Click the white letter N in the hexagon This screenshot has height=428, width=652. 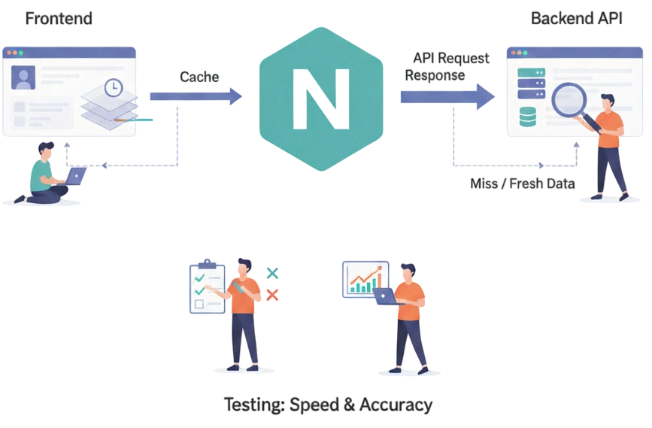click(321, 99)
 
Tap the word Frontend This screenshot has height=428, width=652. click(59, 19)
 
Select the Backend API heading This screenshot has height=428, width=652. click(577, 19)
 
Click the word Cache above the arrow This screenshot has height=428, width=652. click(199, 77)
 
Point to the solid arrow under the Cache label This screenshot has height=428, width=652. click(196, 96)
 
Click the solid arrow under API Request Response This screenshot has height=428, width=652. click(447, 97)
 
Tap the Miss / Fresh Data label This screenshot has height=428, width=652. click(523, 184)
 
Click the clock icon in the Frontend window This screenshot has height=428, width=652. click(113, 88)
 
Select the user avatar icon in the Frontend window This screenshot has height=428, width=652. click(23, 77)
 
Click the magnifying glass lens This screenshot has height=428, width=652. click(569, 100)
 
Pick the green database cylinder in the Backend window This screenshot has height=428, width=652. click(528, 117)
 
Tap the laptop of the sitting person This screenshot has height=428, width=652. click(75, 175)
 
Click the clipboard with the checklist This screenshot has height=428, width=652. click(207, 288)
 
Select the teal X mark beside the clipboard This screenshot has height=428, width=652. click(272, 273)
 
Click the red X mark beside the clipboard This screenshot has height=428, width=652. click(272, 296)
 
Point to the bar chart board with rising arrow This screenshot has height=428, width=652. click(365, 279)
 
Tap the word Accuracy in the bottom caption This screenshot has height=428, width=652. click(396, 405)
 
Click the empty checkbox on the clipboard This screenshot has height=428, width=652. click(199, 304)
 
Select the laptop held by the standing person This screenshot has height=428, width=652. click(386, 296)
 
